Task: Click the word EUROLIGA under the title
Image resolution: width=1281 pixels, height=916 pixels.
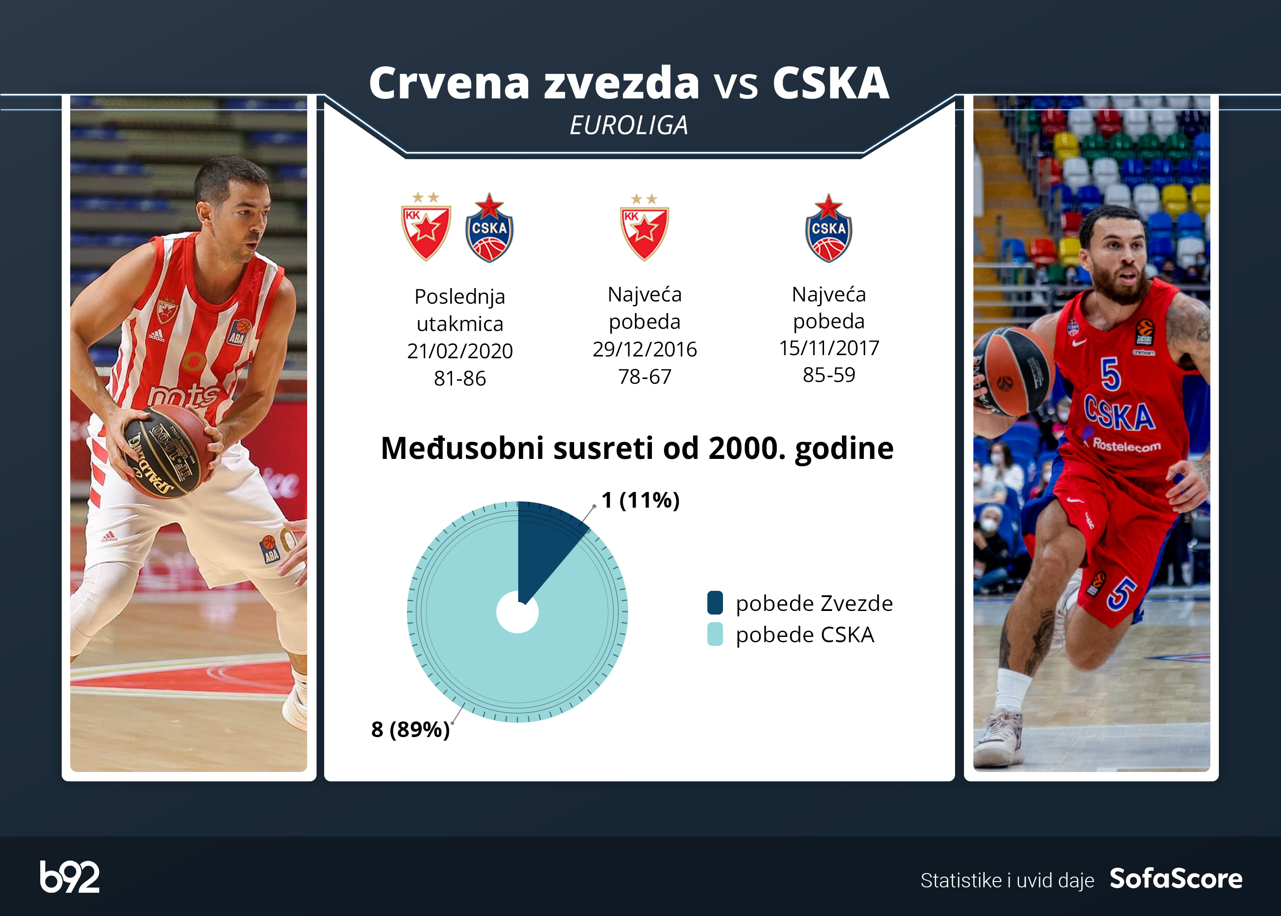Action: [629, 125]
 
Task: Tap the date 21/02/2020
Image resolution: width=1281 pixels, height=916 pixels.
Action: [460, 351]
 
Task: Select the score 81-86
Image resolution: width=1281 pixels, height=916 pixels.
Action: [460, 378]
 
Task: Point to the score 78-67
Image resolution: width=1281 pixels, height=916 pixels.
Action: [645, 377]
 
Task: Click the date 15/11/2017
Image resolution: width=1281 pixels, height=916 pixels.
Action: [829, 348]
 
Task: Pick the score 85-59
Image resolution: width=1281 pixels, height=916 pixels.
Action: [829, 374]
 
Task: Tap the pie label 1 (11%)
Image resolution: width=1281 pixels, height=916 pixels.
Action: [640, 500]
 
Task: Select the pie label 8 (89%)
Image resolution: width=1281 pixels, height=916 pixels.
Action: [410, 729]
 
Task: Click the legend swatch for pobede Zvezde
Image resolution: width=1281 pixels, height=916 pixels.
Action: [715, 602]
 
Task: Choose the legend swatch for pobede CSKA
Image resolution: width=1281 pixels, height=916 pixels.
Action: [715, 634]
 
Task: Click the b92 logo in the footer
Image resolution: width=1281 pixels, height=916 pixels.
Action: [69, 877]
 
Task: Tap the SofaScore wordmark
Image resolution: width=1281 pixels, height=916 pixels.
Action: [1176, 878]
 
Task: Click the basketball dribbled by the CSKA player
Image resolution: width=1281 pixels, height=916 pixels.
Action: [1012, 372]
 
